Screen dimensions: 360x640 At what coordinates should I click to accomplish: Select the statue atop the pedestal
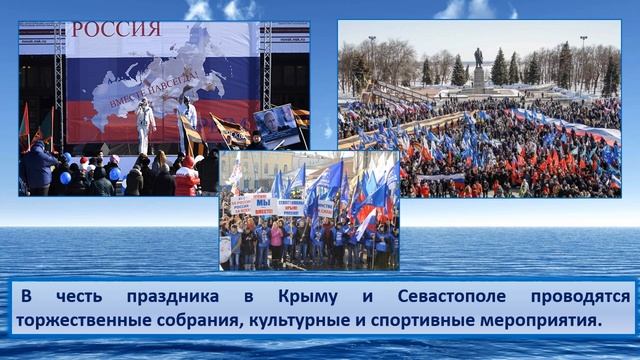point(478,57)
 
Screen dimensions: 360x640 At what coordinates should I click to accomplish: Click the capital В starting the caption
point(25,297)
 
